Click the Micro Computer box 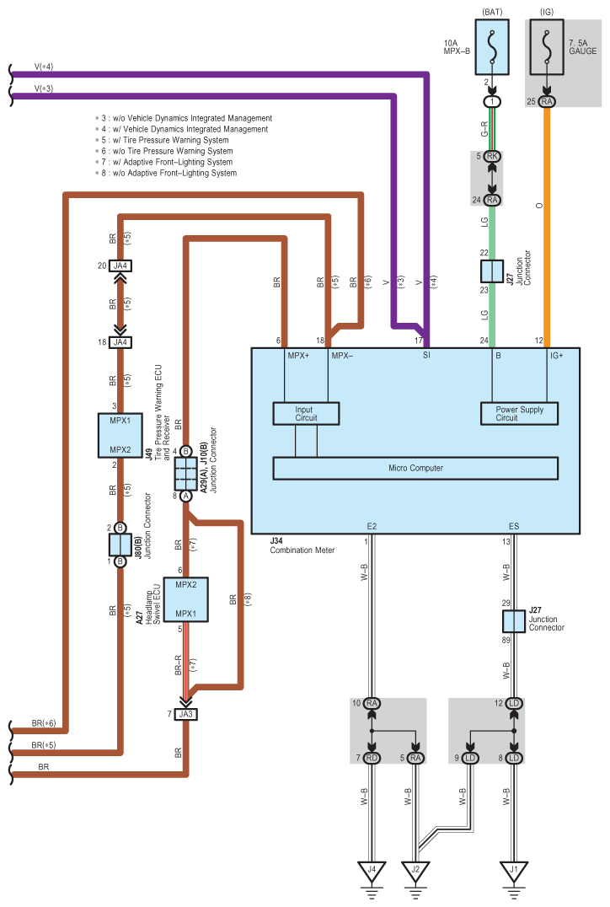pyautogui.click(x=415, y=468)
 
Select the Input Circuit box pyautogui.click(x=305, y=413)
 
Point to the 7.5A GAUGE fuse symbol pyautogui.click(x=548, y=48)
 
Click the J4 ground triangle pyautogui.click(x=369, y=869)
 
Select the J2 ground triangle pyautogui.click(x=415, y=869)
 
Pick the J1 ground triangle pyautogui.click(x=514, y=869)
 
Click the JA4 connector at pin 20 pyautogui.click(x=120, y=266)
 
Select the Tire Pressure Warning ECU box pyautogui.click(x=120, y=435)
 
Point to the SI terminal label pyautogui.click(x=427, y=356)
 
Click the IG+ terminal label pyautogui.click(x=557, y=356)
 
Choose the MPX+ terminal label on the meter pyautogui.click(x=298, y=356)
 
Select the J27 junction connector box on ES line pyautogui.click(x=514, y=622)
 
